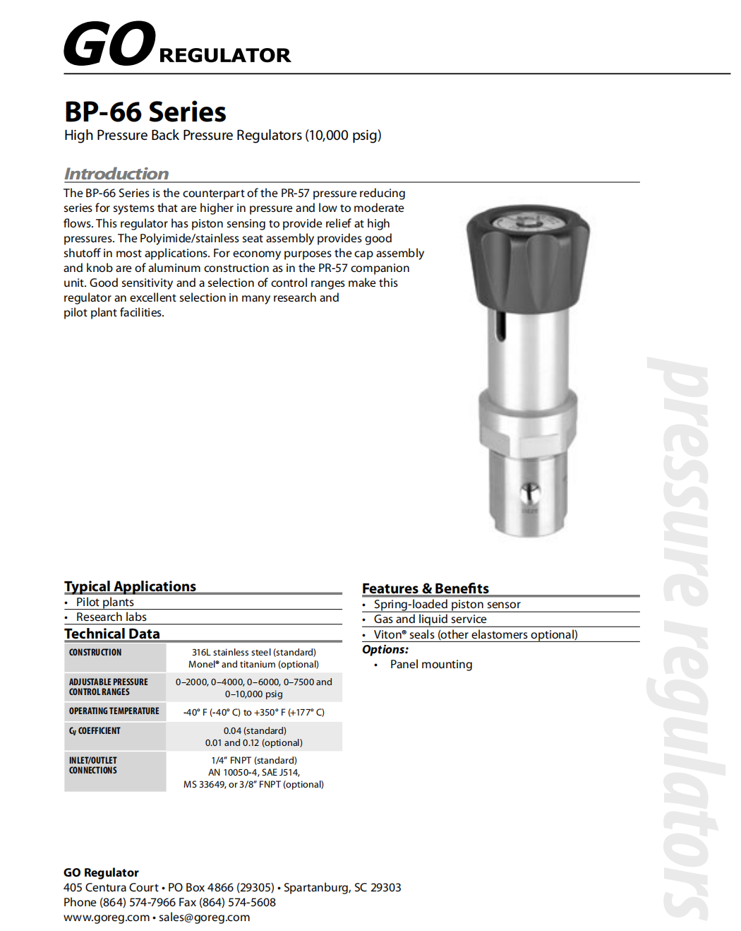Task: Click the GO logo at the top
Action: point(109,44)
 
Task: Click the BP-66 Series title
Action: point(145,112)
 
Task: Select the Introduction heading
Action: point(116,174)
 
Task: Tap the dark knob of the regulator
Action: point(527,258)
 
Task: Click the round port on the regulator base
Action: point(530,493)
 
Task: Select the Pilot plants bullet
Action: point(104,603)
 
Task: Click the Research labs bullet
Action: point(111,617)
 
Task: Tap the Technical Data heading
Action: point(112,634)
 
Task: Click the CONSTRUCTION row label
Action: point(95,653)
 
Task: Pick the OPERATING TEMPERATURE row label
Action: point(114,711)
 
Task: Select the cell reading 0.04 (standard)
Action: point(254,731)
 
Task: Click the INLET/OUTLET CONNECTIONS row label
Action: point(93,766)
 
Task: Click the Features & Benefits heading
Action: point(425,588)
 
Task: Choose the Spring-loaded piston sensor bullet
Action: point(447,605)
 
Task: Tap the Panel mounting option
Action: point(430,665)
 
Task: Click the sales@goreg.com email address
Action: point(204,918)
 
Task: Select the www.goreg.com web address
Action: point(107,918)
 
